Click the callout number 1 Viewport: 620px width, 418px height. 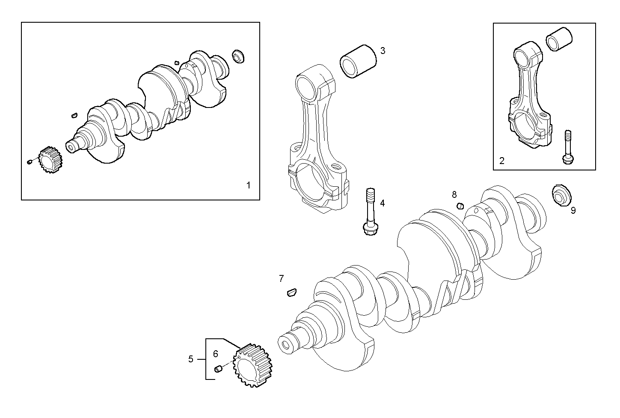tap(248, 185)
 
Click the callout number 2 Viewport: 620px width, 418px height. tap(502, 161)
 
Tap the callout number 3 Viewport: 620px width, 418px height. tap(383, 51)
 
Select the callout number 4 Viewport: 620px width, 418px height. tap(382, 203)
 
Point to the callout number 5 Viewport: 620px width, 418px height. tap(191, 359)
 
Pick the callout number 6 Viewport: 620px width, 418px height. tap(216, 354)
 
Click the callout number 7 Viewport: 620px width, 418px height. tap(281, 279)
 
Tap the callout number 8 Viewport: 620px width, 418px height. tap(454, 195)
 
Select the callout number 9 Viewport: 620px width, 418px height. tap(573, 210)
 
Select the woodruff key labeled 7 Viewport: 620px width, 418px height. tap(291, 293)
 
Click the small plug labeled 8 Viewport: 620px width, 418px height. tap(460, 206)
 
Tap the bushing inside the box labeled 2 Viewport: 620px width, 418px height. tap(559, 39)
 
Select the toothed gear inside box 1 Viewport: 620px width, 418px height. tap(50, 159)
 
